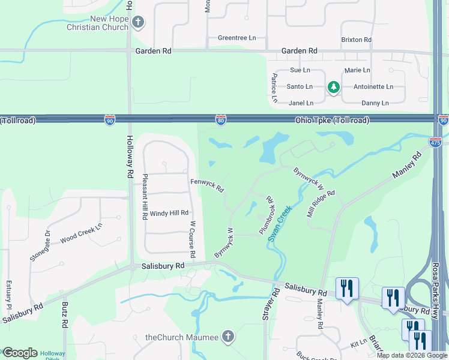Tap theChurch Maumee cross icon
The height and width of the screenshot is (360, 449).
pyautogui.click(x=228, y=337)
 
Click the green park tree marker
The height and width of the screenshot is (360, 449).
pyautogui.click(x=334, y=88)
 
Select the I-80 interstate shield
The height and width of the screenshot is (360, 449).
pyautogui.click(x=221, y=121)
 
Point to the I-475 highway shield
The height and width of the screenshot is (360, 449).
pyautogui.click(x=435, y=142)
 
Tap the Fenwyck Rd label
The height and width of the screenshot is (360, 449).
pyautogui.click(x=207, y=185)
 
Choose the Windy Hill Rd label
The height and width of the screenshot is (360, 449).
pyautogui.click(x=169, y=213)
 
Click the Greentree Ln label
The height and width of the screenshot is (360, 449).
pyautogui.click(x=237, y=38)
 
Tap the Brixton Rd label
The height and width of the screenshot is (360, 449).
pyautogui.click(x=357, y=40)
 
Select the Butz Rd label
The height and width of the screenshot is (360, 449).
pyautogui.click(x=65, y=314)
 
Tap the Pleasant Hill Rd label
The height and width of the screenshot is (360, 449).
pyautogui.click(x=145, y=197)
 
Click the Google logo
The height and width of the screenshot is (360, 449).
pyautogui.click(x=20, y=353)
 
